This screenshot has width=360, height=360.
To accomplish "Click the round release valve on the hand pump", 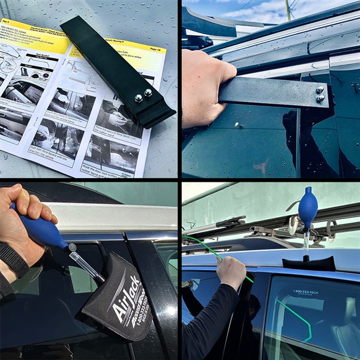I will point(72,247).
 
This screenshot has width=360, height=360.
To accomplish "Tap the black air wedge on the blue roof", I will point(309,263).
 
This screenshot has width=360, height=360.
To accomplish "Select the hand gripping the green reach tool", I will point(232,271).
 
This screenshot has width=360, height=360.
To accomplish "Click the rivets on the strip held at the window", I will point(320,94).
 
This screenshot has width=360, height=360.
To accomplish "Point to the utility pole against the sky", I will point(288,10).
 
